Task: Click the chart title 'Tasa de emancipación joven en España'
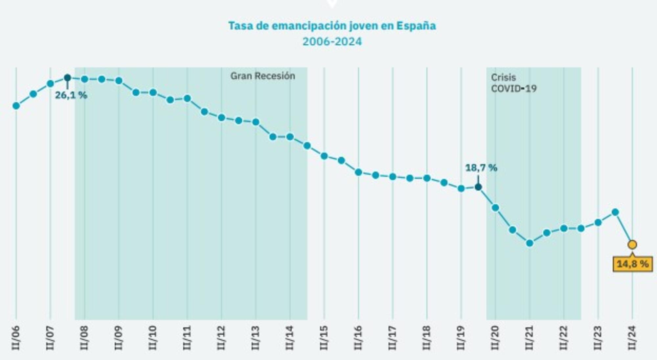(332, 26)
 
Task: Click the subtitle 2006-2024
(332, 42)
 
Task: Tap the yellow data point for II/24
(632, 245)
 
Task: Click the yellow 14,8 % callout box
(632, 264)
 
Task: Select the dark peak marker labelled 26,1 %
(67, 78)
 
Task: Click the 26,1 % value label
(71, 95)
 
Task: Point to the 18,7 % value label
(481, 168)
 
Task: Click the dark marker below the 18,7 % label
(478, 187)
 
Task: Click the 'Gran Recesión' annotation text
(262, 76)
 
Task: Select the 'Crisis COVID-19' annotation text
(513, 83)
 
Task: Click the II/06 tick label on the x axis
(16, 338)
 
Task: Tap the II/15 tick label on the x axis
(324, 338)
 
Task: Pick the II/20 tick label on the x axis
(495, 338)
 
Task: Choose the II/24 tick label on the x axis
(632, 338)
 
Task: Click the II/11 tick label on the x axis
(187, 338)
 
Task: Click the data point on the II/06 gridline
(16, 106)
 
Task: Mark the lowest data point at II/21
(530, 243)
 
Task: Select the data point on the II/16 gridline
(358, 172)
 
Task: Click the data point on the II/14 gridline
(290, 137)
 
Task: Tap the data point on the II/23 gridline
(598, 223)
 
